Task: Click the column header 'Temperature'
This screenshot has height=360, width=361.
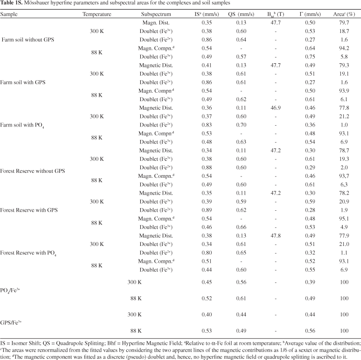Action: [x=97, y=14]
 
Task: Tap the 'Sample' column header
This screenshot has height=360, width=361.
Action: [x=9, y=14]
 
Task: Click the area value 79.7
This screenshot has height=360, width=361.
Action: [x=344, y=22]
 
